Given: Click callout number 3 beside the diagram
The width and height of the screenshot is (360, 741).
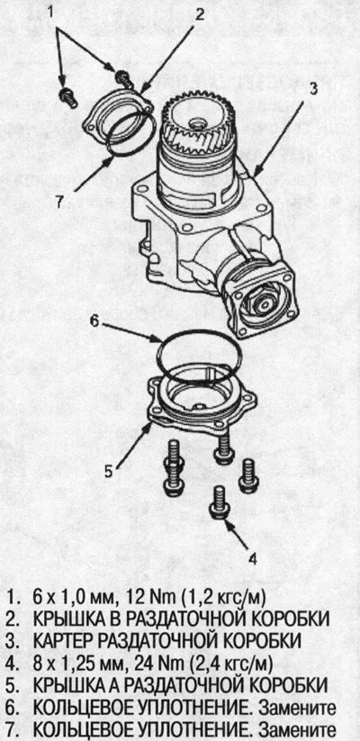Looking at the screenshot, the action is click(313, 88).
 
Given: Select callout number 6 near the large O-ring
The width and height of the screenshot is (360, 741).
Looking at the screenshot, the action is click(94, 321).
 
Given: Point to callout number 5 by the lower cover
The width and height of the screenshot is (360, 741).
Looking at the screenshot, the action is click(108, 471).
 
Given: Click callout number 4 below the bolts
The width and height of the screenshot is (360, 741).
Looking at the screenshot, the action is click(253, 559).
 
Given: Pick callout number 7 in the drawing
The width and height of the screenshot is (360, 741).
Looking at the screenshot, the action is click(58, 203).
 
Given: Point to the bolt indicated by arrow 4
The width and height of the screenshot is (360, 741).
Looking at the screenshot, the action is click(220, 502).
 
